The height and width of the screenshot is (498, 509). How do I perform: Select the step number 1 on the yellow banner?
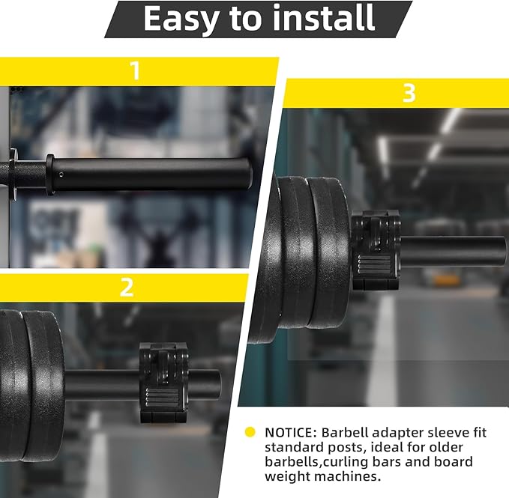[x=135, y=70]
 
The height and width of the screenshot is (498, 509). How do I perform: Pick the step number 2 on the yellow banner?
[x=126, y=288]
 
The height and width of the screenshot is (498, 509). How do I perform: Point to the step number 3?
[x=409, y=93]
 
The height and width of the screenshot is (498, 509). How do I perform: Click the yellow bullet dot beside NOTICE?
[x=250, y=432]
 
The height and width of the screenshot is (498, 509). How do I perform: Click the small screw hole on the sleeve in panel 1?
[x=61, y=174]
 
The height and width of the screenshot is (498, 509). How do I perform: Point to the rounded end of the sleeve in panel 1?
[x=248, y=173]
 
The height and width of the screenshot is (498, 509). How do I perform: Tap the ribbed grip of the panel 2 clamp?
[x=162, y=398]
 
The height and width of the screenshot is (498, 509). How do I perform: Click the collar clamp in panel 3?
[x=376, y=249]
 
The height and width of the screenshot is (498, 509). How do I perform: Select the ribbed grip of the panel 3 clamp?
[x=374, y=264]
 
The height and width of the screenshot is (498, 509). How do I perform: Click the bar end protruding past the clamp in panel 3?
[x=454, y=252]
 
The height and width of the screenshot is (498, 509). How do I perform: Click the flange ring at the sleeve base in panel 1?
[x=49, y=174]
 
